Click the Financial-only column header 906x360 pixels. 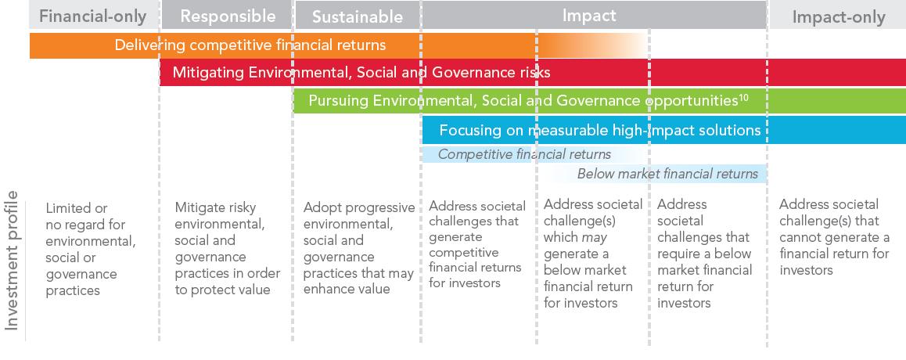coord(92,16)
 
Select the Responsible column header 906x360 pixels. coord(228,16)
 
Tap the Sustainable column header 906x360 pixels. coord(357,16)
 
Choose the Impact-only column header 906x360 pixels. coord(839,17)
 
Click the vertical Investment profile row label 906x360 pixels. coord(13,261)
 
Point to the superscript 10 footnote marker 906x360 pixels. coord(743,98)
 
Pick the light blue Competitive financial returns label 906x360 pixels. coord(524,154)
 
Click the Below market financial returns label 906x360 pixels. coord(667,174)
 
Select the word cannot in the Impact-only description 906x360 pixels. coord(800,237)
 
